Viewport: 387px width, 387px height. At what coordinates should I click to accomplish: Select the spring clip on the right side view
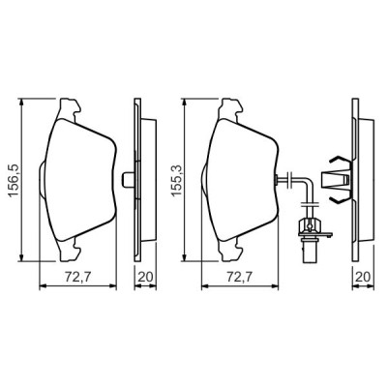click(334, 181)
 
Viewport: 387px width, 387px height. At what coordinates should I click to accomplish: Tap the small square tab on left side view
click(129, 180)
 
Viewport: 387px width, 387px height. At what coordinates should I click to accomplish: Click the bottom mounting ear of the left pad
click(70, 254)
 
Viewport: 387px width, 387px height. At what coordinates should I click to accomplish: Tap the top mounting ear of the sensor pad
click(232, 106)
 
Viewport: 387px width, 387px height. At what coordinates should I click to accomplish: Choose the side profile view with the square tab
click(139, 180)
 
